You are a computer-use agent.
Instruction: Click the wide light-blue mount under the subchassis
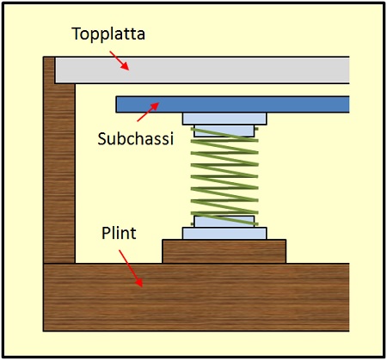224,119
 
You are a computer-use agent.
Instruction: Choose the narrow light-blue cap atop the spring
224,131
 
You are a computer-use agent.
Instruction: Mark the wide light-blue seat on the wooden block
224,233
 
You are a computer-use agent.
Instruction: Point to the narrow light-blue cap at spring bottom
224,222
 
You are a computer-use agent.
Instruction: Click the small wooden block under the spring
224,251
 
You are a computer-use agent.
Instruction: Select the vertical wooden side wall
58,172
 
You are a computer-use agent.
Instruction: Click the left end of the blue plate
121,104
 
